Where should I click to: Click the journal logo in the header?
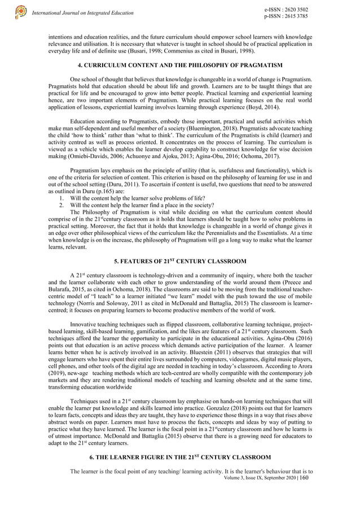(x=21, y=12)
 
